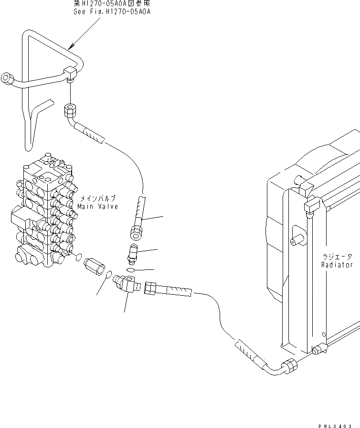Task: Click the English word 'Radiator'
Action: pos(337,265)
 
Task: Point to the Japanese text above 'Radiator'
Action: pos(337,256)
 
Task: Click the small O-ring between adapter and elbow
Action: pos(109,275)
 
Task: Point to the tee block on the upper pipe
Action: pos(71,73)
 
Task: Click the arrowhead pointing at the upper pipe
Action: pos(70,47)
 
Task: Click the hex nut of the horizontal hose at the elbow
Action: pos(150,288)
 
